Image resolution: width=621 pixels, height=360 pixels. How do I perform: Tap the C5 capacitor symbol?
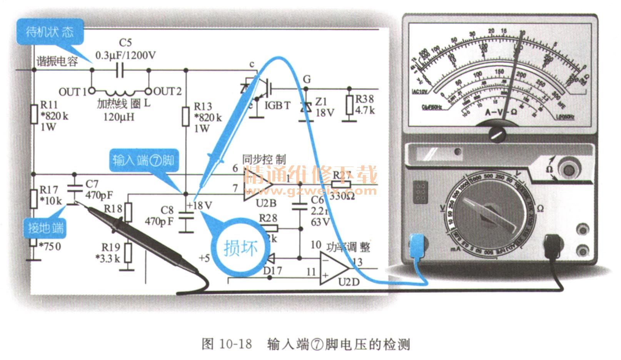click(x=120, y=70)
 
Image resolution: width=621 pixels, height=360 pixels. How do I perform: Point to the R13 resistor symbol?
click(x=186, y=117)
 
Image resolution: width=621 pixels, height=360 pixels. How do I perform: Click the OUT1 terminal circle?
click(x=92, y=91)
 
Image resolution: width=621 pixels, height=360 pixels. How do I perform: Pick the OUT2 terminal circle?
click(x=149, y=91)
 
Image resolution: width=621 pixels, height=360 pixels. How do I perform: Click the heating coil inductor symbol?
click(x=120, y=92)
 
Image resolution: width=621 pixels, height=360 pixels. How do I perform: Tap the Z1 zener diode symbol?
click(x=306, y=108)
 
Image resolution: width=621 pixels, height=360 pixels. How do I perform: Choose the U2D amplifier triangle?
click(x=333, y=268)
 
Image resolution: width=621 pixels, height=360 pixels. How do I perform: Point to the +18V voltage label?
click(x=199, y=205)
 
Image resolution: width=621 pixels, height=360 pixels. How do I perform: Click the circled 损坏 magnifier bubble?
click(x=240, y=248)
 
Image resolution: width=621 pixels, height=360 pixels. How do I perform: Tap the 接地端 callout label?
click(x=45, y=228)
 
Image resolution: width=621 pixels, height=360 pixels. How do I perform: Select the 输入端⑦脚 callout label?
click(x=143, y=160)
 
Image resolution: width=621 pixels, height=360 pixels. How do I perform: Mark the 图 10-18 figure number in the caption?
click(x=227, y=343)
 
